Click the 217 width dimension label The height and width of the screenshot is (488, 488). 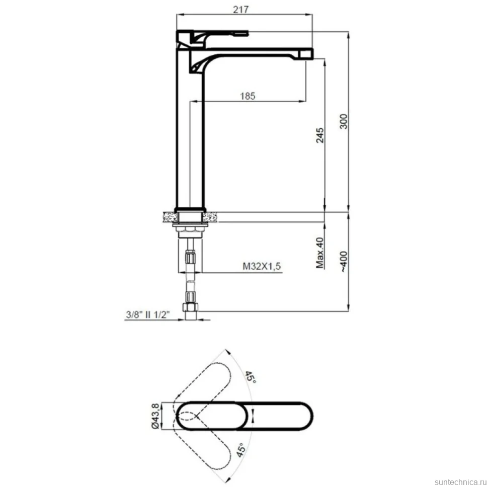tap(241, 10)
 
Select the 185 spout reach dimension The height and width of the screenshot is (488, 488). tap(248, 96)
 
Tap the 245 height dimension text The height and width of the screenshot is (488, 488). tap(319, 135)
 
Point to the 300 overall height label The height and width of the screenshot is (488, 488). tap(343, 122)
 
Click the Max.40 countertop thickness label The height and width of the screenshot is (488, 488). tap(319, 253)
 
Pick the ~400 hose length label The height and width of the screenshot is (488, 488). tap(343, 262)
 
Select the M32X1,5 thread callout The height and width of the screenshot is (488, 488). tap(262, 266)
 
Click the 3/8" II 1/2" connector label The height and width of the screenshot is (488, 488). tap(148, 314)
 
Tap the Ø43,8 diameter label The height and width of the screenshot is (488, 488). tap(156, 416)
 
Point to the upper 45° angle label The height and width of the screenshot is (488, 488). tap(250, 377)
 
